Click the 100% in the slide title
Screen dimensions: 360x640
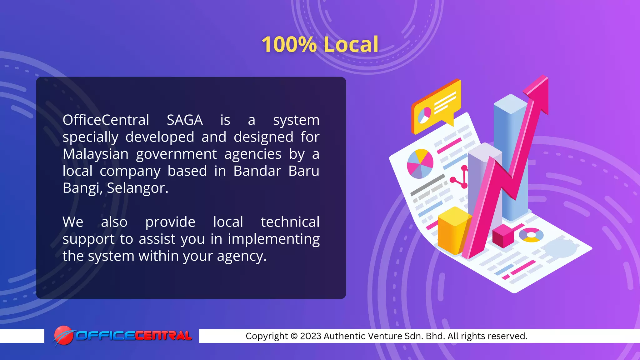pos(289,44)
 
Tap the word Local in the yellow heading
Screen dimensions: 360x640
pos(351,44)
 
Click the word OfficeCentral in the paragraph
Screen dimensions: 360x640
pos(106,120)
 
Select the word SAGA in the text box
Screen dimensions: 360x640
pos(185,120)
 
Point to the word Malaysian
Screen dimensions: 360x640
pos(96,154)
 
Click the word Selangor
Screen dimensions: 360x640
pos(137,188)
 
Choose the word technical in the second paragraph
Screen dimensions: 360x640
pos(290,222)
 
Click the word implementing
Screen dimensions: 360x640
pos(274,239)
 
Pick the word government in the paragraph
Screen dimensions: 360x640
pos(176,154)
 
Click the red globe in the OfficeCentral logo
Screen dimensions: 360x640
pos(63,335)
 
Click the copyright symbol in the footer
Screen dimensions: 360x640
pos(294,336)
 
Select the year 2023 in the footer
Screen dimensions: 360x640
pos(311,336)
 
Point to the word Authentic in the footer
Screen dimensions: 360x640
pos(343,336)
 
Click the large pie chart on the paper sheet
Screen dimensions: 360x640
pos(420,164)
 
